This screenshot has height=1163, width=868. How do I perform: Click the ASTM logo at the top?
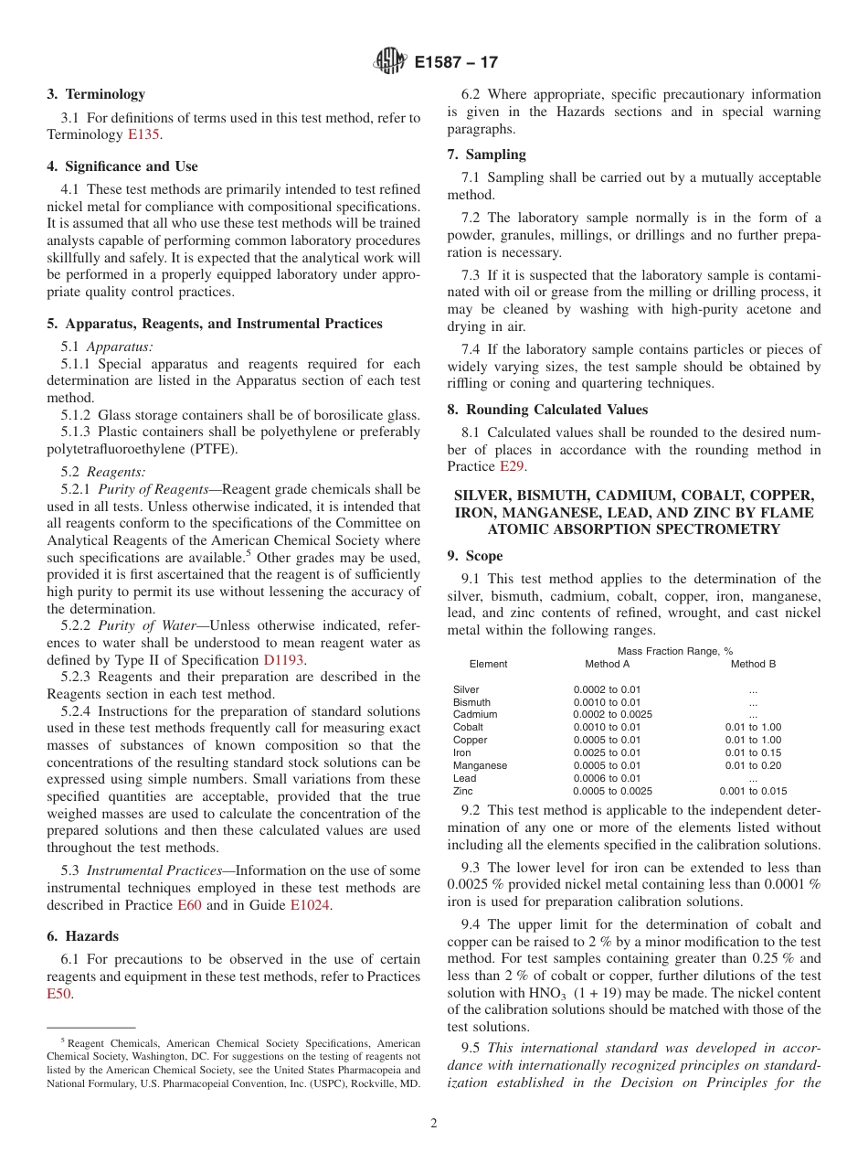pyautogui.click(x=390, y=62)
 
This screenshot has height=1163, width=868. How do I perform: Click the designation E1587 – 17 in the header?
pyautogui.click(x=456, y=63)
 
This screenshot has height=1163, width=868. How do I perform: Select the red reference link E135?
pyautogui.click(x=143, y=134)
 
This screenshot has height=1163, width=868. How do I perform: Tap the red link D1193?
pyautogui.click(x=284, y=659)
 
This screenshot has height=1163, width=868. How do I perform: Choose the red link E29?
pyautogui.click(x=512, y=466)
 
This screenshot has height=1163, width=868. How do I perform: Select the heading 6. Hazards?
pyautogui.click(x=83, y=936)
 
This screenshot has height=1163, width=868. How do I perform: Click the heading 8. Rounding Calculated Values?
pyautogui.click(x=547, y=410)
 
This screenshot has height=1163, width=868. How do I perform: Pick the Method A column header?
pyautogui.click(x=607, y=664)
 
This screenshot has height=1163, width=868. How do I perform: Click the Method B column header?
pyautogui.click(x=753, y=664)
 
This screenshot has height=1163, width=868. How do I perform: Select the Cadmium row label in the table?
pyautogui.click(x=475, y=714)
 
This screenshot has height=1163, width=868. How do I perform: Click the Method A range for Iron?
pyautogui.click(x=607, y=752)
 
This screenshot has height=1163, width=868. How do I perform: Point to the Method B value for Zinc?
pyautogui.click(x=752, y=791)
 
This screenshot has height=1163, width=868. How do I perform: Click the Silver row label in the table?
pyautogui.click(x=466, y=689)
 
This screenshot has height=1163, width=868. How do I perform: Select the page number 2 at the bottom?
pyautogui.click(x=434, y=1124)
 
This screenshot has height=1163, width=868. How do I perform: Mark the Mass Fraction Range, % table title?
pyautogui.click(x=674, y=651)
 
